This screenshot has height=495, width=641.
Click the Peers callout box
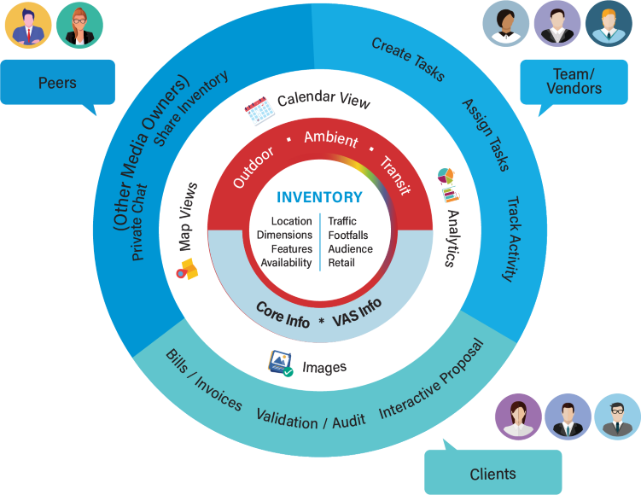coord(57,83)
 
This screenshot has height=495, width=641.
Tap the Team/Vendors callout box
coord(577,82)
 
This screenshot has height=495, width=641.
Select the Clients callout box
coord(492,473)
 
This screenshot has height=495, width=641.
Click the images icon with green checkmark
coord(281,363)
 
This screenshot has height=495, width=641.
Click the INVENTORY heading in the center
coord(320,197)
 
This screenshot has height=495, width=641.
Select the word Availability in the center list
coord(286,263)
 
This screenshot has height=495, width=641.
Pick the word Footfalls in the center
coord(348,236)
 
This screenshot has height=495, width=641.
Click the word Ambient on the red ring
coord(330,138)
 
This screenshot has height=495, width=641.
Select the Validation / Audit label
coord(311,419)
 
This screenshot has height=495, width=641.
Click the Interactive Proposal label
coord(431,380)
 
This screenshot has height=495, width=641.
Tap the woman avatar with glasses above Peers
coord(79,25)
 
